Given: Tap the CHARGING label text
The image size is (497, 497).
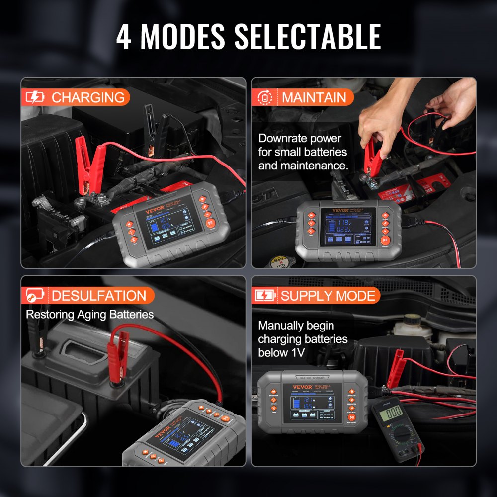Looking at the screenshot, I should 88,97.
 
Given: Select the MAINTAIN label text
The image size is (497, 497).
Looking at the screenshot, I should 314,97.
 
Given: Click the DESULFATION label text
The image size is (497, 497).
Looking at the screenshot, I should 99,296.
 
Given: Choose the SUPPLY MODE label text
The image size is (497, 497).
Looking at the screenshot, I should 328,296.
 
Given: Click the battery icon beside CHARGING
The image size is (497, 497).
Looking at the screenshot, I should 35,97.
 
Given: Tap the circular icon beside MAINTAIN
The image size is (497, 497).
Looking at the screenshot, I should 265,97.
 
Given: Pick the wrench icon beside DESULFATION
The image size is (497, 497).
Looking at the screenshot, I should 35,296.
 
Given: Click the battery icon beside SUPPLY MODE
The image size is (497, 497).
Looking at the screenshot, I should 265,296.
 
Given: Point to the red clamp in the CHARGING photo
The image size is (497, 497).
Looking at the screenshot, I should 89,162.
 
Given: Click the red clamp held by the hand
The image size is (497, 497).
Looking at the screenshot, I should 372,157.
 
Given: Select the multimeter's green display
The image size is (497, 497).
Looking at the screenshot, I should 394,411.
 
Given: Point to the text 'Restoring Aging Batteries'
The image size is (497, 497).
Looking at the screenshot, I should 89,314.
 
